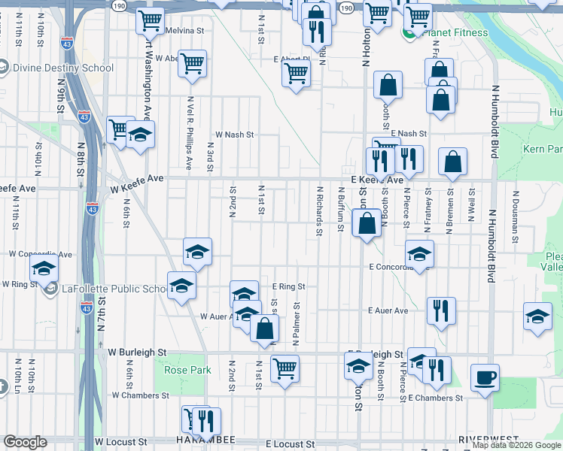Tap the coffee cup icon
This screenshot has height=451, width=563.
pyautogui.click(x=485, y=377)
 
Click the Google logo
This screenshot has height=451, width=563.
pyautogui.click(x=25, y=442)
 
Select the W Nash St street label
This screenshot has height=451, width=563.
pyautogui.click(x=235, y=135)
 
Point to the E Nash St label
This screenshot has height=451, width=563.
pyautogui.click(x=408, y=133)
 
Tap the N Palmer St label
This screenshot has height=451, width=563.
pyautogui.click(x=297, y=324)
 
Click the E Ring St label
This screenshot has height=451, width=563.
pyautogui.click(x=290, y=286)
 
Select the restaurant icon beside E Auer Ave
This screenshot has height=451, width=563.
pyautogui.click(x=440, y=310)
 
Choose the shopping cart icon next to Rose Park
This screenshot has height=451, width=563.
pyautogui.click(x=285, y=368)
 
